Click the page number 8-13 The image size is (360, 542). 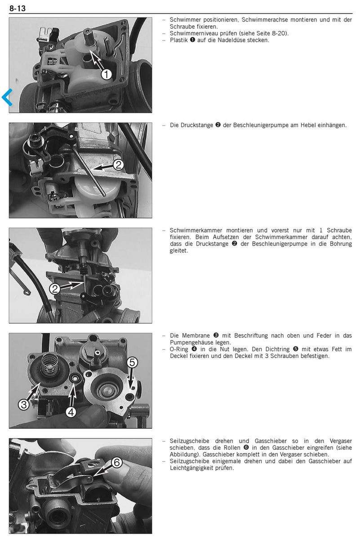18,9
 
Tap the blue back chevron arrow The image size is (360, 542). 7,98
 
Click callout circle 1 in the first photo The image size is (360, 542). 106,75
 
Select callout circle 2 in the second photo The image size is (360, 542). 118,165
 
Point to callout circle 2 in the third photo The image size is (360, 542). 55,289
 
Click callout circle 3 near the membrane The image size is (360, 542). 24,404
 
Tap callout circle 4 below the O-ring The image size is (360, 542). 71,412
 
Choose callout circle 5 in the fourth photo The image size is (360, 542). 132,363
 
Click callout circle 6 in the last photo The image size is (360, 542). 117,463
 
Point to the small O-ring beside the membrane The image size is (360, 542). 75,377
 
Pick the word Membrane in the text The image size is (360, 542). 196,336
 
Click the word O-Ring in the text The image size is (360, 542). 179,349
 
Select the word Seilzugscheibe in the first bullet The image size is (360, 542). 190,441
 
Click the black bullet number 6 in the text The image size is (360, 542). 246,448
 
